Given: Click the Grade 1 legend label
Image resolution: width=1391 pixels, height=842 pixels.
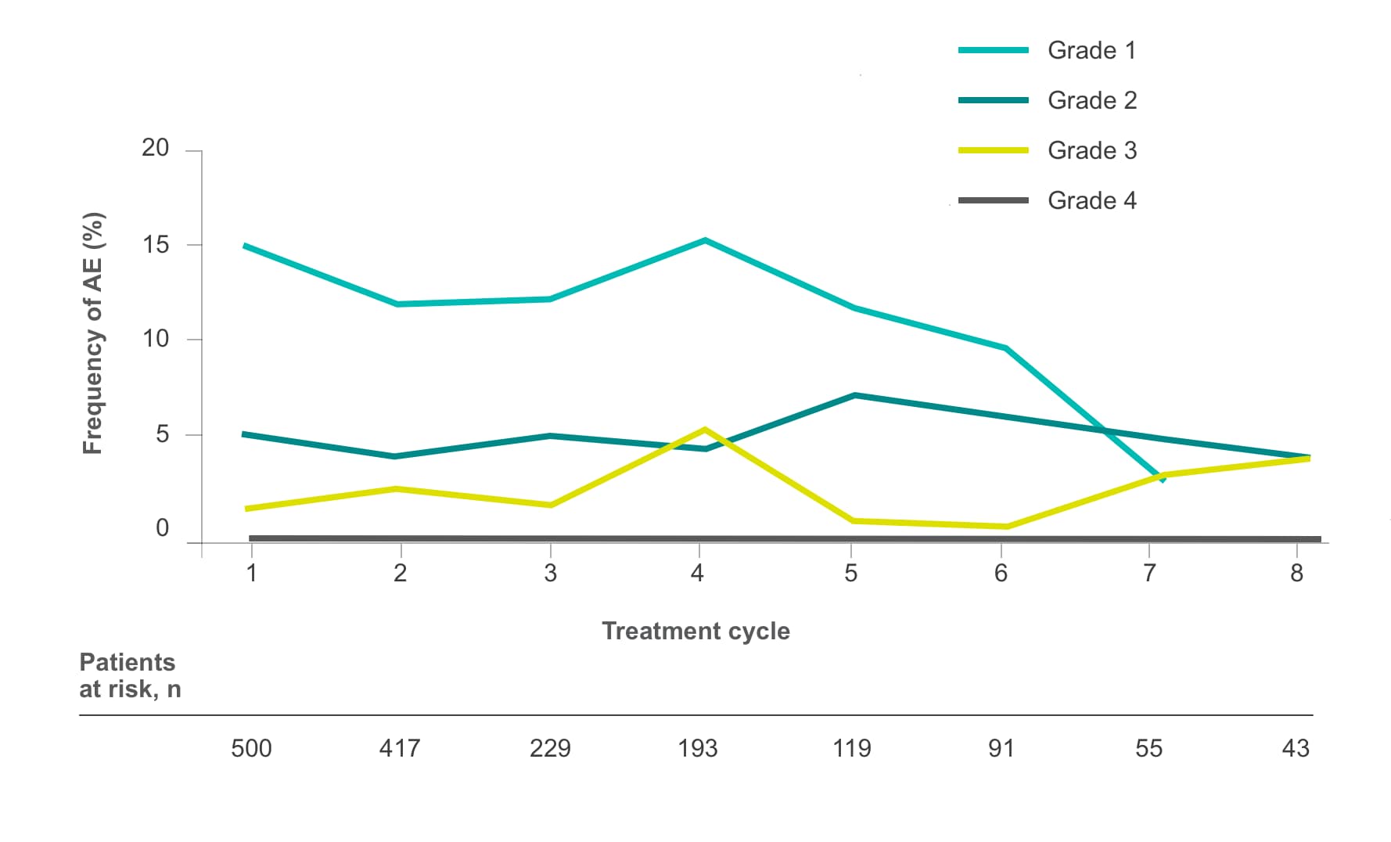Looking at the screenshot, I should (x=1091, y=50).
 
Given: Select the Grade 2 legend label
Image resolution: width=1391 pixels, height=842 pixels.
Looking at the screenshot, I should (x=1092, y=100).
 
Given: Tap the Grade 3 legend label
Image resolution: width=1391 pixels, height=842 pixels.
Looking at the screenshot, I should (x=1092, y=150).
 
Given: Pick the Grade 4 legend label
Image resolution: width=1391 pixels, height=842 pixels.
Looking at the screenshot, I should (x=1092, y=200).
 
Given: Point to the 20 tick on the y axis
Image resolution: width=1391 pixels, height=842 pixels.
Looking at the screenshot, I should (x=155, y=148).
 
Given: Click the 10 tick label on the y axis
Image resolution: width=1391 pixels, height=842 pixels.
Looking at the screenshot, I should (x=155, y=339).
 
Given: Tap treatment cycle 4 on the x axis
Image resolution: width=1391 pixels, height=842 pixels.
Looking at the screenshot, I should (x=697, y=574).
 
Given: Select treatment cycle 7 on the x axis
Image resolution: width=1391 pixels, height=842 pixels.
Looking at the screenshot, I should (x=1148, y=574).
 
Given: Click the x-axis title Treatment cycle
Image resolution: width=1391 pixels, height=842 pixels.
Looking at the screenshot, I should (x=695, y=631).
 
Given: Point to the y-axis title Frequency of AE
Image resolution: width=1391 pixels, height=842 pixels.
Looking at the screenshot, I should (x=93, y=333).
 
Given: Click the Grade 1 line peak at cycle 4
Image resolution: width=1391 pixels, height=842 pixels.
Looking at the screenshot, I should (x=705, y=240).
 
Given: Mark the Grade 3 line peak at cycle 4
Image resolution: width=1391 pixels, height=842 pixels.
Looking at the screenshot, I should (x=705, y=430).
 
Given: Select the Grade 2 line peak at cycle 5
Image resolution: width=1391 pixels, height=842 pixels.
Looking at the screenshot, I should (x=854, y=395).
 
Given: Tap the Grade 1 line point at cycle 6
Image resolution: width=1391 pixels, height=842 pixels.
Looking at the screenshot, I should (x=1005, y=348).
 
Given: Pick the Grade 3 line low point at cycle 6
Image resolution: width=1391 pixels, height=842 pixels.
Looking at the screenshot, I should (x=1005, y=527).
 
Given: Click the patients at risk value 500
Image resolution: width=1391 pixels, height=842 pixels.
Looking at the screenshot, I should (x=251, y=749).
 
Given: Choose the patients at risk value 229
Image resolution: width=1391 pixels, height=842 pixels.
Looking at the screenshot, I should (x=550, y=749).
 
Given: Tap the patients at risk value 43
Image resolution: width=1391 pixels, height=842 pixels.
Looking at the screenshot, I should (x=1296, y=749).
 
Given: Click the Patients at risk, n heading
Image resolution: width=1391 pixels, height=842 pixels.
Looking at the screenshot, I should (x=130, y=675).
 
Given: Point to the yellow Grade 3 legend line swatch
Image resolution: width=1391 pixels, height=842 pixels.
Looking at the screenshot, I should (x=994, y=150).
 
